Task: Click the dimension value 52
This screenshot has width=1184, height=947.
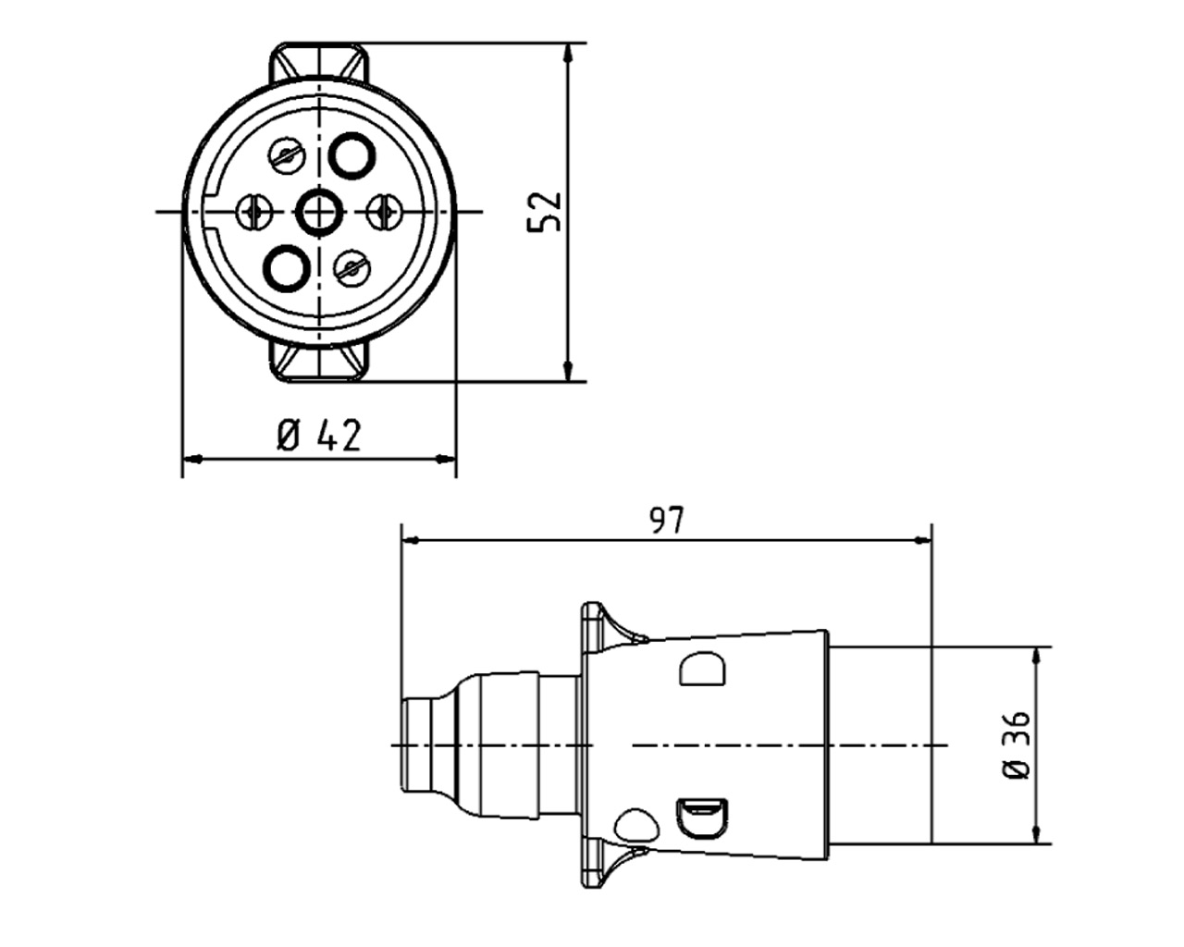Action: [x=544, y=212]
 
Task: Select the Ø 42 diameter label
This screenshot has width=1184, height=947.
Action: [x=318, y=435]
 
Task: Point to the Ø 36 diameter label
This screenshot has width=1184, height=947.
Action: [x=1016, y=744]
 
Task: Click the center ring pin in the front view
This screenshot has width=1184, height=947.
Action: [x=320, y=213]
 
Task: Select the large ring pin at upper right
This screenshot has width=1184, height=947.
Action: [x=352, y=155]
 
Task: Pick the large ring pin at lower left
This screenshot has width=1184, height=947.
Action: [x=287, y=268]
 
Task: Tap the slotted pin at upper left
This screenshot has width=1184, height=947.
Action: [x=287, y=155]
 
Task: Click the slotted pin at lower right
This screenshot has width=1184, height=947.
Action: [x=352, y=268]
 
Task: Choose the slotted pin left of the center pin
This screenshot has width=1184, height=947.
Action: [x=254, y=213]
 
